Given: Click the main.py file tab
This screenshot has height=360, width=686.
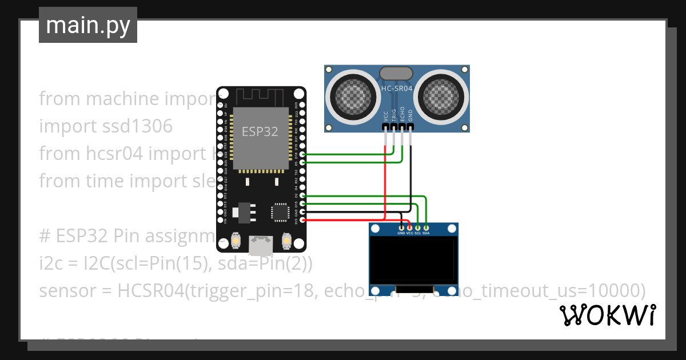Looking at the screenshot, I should click(x=87, y=25).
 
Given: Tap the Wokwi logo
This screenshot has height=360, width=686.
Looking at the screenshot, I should click(x=607, y=315).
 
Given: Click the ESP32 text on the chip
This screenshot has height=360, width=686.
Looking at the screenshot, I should click(x=260, y=131).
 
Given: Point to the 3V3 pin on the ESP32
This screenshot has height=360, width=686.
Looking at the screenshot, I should click(x=302, y=220).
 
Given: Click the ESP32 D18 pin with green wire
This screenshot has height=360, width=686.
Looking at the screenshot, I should click(x=302, y=154).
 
